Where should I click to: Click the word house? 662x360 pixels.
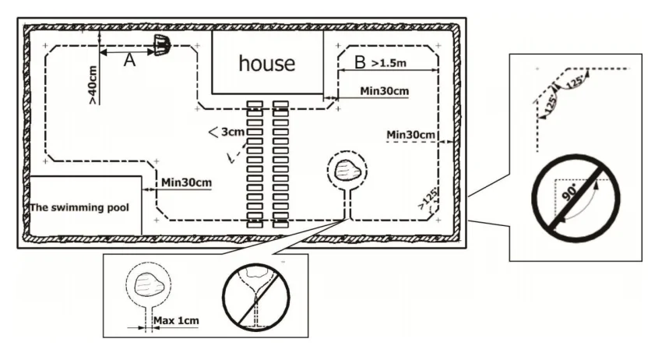tap(266, 63)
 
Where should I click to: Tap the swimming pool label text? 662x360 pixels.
tap(78, 208)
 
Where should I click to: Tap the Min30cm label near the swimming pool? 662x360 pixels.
tap(187, 183)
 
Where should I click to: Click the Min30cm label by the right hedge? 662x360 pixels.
tap(410, 136)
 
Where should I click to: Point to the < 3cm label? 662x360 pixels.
tap(227, 132)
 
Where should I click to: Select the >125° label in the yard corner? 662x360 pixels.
tap(426, 200)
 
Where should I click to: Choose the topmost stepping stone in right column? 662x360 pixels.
tap(281, 104)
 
